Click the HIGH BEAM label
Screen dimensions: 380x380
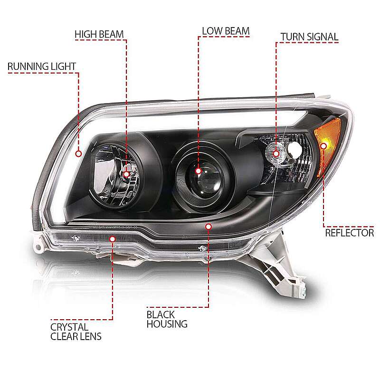pyautogui.click(x=99, y=34)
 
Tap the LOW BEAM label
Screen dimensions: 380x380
pyautogui.click(x=226, y=31)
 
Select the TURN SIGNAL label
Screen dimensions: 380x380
pyautogui.click(x=310, y=37)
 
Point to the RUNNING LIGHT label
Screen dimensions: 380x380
pyautogui.click(x=42, y=66)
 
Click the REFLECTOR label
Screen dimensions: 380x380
pyautogui.click(x=350, y=233)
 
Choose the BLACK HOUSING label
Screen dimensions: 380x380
pyautogui.click(x=167, y=319)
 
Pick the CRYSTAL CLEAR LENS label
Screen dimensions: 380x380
pyautogui.click(x=76, y=332)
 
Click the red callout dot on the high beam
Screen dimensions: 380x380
pyautogui.click(x=126, y=174)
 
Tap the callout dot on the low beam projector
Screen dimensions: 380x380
pyautogui.click(x=198, y=171)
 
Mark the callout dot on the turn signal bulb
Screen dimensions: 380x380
pyautogui.click(x=276, y=153)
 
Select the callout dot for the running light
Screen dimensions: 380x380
pyautogui.click(x=78, y=153)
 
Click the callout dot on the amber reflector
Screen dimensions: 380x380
pyautogui.click(x=323, y=146)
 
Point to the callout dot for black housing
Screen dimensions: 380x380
pyautogui.click(x=209, y=227)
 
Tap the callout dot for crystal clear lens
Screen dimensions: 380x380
pyautogui.click(x=112, y=239)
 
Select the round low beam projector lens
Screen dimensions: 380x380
pyautogui.click(x=205, y=178)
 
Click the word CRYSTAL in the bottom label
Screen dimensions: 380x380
pyautogui.click(x=69, y=327)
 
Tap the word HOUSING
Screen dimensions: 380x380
pyautogui.click(x=167, y=324)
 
